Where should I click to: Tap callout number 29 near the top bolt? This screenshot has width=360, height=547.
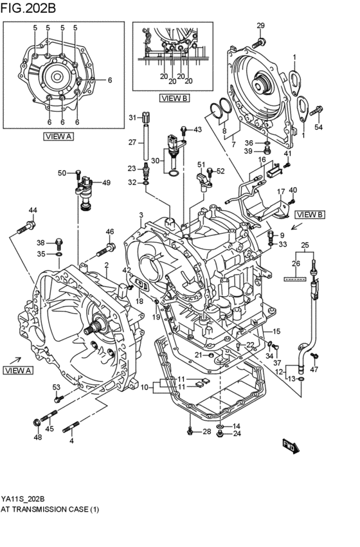(x=260, y=25)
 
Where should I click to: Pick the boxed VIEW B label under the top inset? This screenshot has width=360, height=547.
(x=174, y=98)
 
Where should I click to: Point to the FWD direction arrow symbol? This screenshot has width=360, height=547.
(x=289, y=444)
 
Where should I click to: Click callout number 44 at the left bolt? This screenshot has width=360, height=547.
(x=33, y=210)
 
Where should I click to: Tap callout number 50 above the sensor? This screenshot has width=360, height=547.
(x=62, y=173)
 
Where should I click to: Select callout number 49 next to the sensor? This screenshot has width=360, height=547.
(x=106, y=183)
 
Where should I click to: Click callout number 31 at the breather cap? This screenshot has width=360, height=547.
(x=131, y=117)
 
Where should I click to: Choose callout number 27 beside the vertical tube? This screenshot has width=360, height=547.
(x=131, y=142)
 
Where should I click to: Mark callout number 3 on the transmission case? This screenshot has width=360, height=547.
(x=141, y=214)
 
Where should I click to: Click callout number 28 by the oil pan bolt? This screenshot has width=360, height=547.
(x=206, y=431)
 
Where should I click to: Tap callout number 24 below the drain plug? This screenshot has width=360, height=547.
(x=237, y=433)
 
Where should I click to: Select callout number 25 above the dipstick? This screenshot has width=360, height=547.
(x=305, y=245)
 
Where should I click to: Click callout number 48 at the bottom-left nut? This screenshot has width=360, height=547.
(x=38, y=437)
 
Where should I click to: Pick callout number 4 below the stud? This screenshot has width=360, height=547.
(x=71, y=440)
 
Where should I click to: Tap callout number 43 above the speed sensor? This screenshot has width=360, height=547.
(x=197, y=130)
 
